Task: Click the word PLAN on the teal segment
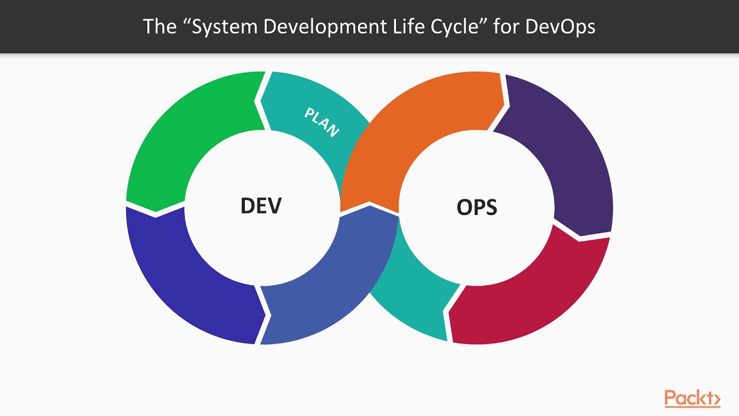pyautogui.click(x=321, y=122)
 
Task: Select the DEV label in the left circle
pyautogui.click(x=261, y=206)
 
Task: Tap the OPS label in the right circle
pyautogui.click(x=477, y=207)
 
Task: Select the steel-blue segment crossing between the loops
pyautogui.click(x=323, y=289)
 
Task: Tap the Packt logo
pyautogui.click(x=692, y=398)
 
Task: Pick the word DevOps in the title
pyautogui.click(x=560, y=27)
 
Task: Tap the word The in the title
pyautogui.click(x=159, y=27)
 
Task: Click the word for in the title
pyautogui.click(x=506, y=27)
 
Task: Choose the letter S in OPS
pyautogui.click(x=490, y=207)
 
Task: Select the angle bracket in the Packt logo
pyautogui.click(x=716, y=399)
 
